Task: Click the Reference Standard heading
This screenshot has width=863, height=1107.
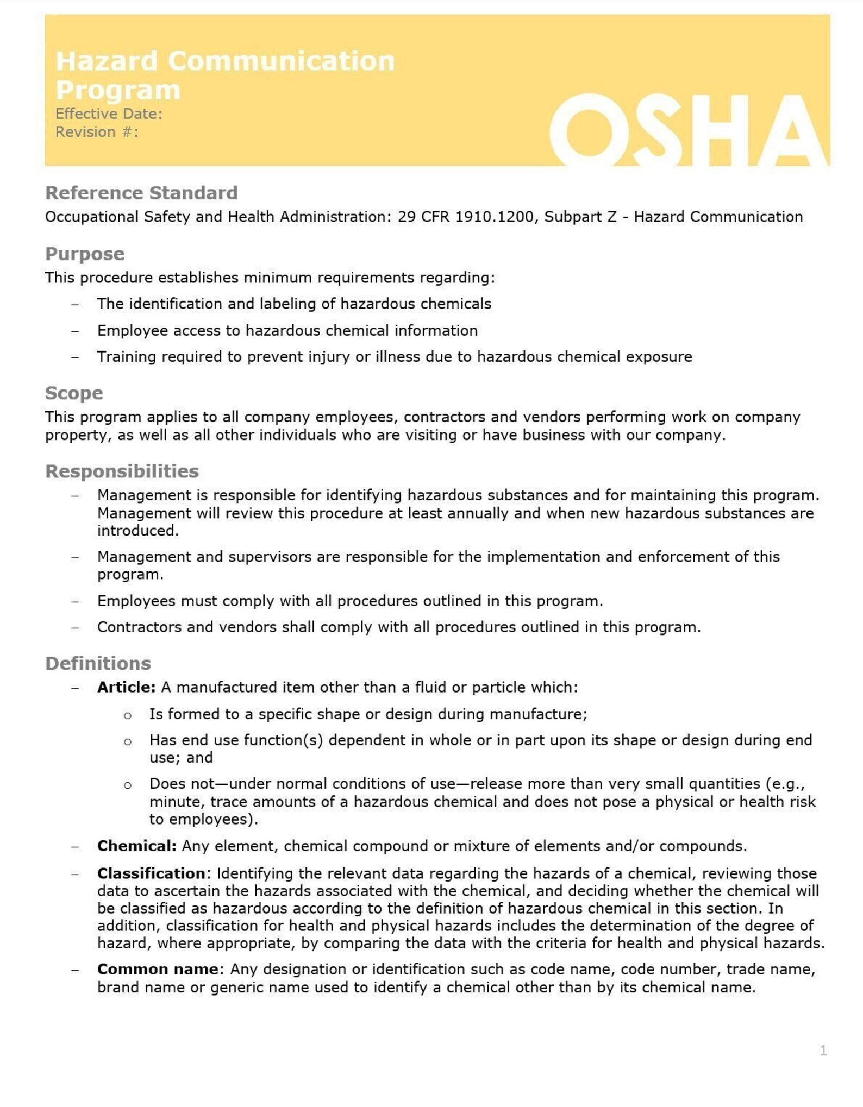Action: pyautogui.click(x=141, y=193)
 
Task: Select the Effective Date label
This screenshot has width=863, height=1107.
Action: pyautogui.click(x=109, y=114)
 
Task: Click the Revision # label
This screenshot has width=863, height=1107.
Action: pyautogui.click(x=97, y=132)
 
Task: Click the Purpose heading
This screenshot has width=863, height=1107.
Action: pyautogui.click(x=85, y=254)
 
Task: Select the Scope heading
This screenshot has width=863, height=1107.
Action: pyautogui.click(x=74, y=393)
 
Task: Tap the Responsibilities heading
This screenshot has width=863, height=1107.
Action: pyautogui.click(x=122, y=471)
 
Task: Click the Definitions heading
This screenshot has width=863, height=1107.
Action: pyautogui.click(x=98, y=663)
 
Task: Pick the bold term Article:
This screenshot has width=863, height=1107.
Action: pyautogui.click(x=126, y=687)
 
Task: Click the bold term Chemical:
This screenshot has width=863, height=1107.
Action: pyautogui.click(x=136, y=846)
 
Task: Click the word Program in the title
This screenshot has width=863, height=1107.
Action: pyautogui.click(x=118, y=90)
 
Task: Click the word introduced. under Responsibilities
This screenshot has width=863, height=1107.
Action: pyautogui.click(x=137, y=531)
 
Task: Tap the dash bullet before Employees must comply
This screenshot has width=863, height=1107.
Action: pyautogui.click(x=75, y=601)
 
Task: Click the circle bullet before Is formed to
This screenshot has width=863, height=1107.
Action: pyautogui.click(x=127, y=715)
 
